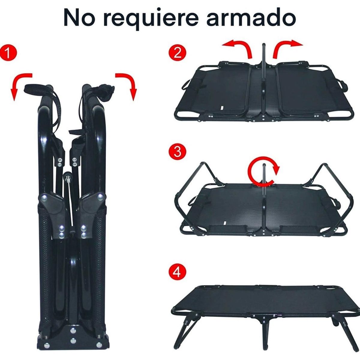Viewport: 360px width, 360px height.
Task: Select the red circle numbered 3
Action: coord(177,152)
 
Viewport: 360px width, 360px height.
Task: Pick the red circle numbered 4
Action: coord(177,273)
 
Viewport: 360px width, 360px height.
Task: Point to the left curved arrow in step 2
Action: coord(238,48)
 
